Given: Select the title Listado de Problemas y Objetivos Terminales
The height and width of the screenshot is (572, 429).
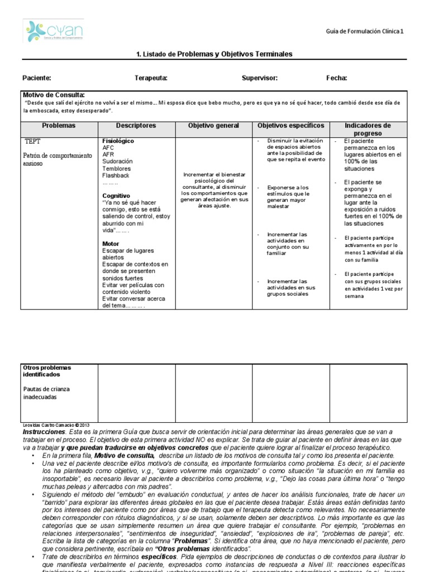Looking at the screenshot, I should coord(214,54).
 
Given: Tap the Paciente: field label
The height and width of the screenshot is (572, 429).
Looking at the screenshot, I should coord(37,78).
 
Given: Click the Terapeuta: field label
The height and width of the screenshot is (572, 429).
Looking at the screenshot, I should coord(150,78).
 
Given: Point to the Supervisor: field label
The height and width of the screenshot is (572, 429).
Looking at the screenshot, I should coord(259,78).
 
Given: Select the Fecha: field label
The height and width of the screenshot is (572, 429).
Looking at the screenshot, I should coord(336,78).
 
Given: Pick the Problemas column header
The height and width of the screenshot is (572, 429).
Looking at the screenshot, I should coord(59,126).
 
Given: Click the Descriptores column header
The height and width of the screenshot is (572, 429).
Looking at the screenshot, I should coord(136,126).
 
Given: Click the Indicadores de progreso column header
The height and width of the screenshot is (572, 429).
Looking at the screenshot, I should coord(368,130).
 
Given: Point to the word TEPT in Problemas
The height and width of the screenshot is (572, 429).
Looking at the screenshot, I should coord(32,141).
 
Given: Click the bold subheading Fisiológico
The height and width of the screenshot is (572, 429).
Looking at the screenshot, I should coord(118,141).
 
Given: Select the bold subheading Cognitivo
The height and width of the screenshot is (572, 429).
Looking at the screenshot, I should coord(116,196).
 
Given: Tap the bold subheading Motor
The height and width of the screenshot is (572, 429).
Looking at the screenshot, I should coord(111,244).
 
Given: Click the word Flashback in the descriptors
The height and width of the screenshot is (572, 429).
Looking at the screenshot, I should coord(116,175).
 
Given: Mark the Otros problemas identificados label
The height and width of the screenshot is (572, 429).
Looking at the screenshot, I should coord(47,371).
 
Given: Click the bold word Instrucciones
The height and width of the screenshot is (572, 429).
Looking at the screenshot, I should coord(44,432).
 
